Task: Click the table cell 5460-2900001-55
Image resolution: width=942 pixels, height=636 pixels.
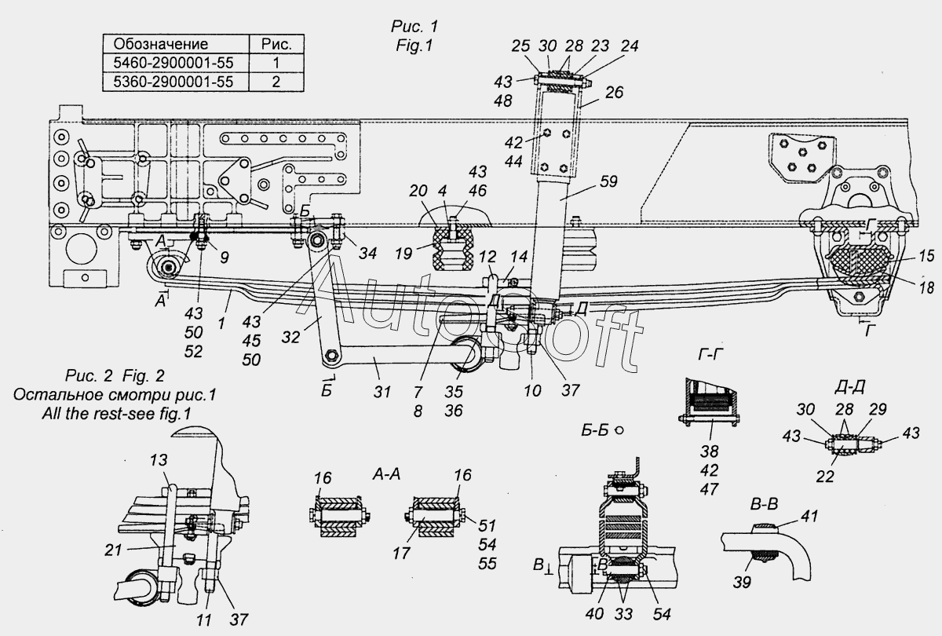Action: point(175,61)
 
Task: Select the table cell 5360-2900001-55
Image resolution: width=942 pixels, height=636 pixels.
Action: point(175,80)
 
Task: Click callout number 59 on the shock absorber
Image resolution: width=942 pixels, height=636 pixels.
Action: point(608,181)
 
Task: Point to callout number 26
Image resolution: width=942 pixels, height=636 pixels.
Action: point(614,92)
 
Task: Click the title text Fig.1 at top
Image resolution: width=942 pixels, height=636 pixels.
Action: point(414,46)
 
